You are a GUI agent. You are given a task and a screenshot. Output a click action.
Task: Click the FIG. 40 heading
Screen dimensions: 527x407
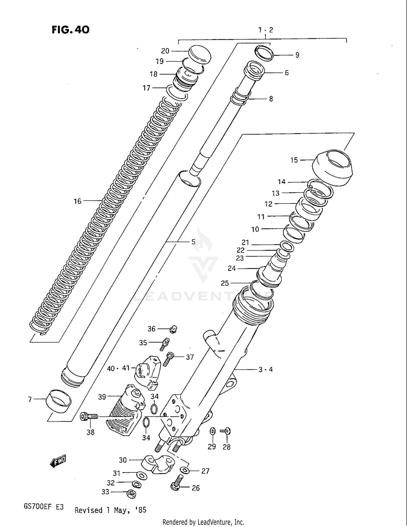pos(71,30)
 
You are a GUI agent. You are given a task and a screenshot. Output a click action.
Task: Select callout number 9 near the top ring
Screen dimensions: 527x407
pos(297,55)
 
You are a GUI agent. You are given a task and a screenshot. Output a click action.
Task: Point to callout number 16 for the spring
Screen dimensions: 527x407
pos(77,201)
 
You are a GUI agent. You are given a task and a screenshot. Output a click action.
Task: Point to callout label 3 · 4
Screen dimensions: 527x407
pos(265,370)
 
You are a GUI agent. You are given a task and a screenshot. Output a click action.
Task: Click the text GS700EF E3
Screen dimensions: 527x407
pos(44,507)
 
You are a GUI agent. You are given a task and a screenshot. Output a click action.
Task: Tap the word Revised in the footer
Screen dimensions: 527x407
pos(88,510)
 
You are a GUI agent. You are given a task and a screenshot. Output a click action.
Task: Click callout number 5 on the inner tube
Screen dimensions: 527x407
pos(193,242)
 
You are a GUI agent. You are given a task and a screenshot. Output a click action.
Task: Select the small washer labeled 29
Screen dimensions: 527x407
pos(213,431)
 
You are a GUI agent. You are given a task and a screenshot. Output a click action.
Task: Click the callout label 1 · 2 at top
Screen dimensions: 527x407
pos(265,30)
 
